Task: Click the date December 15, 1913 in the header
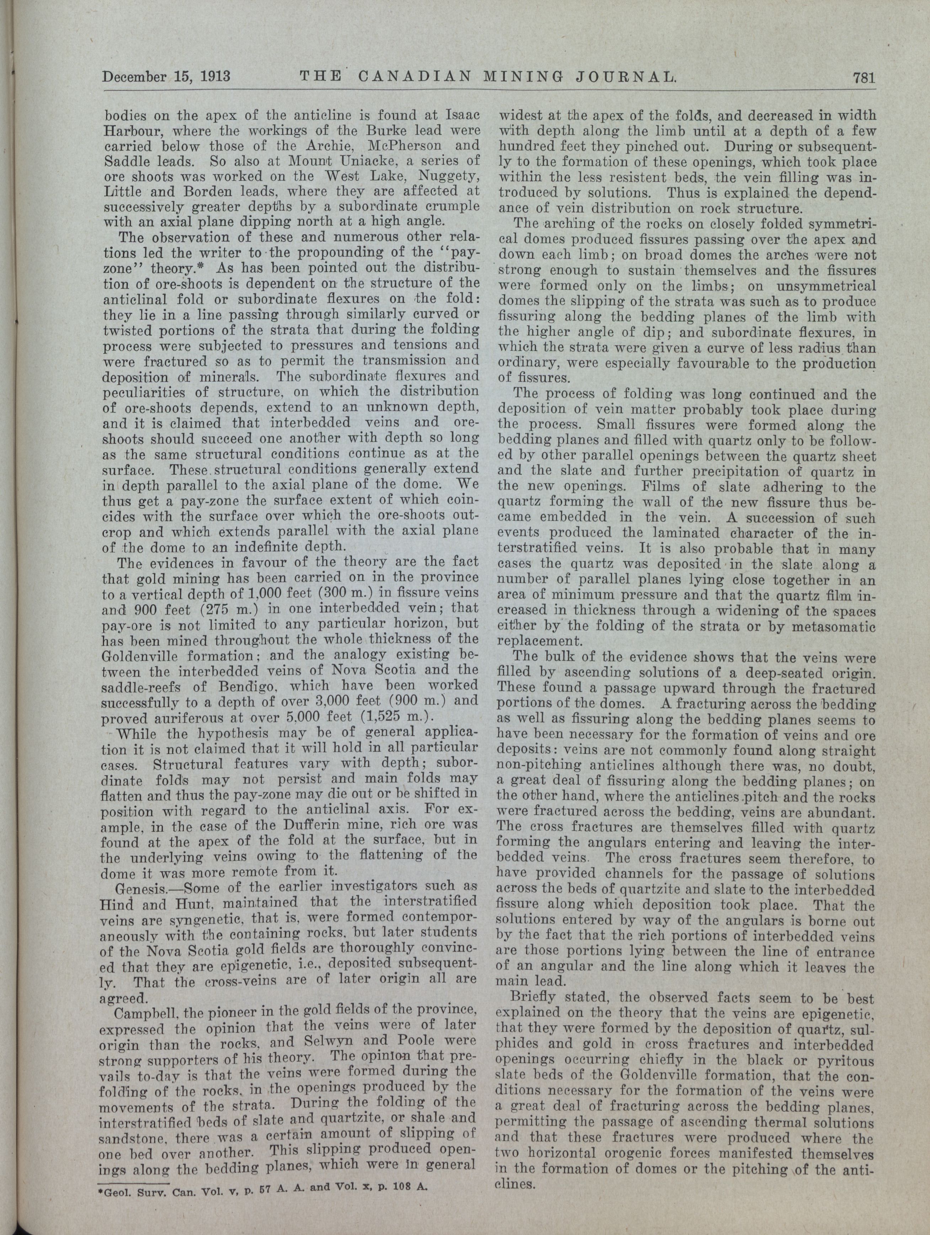[x=166, y=76]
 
